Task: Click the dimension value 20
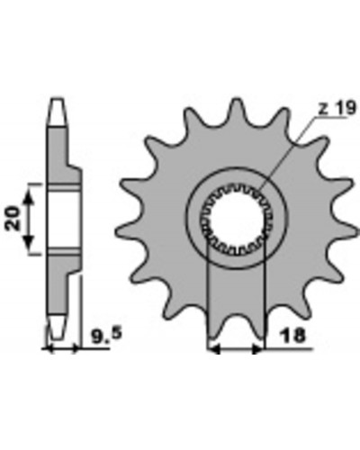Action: (x=13, y=218)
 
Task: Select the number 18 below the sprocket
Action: (x=292, y=336)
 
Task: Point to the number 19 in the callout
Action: (x=346, y=108)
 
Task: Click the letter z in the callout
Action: (x=323, y=110)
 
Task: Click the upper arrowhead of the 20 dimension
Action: (x=29, y=198)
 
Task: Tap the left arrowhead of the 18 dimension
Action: (x=214, y=349)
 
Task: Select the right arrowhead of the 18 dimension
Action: (x=258, y=349)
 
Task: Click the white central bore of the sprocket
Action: (x=236, y=219)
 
